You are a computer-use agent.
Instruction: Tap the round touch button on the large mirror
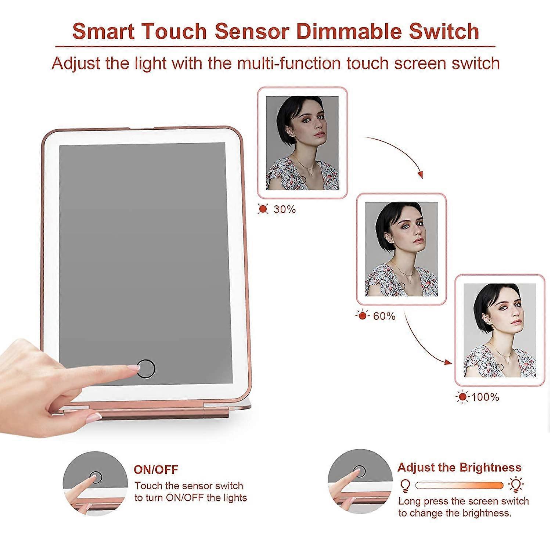coord(146,368)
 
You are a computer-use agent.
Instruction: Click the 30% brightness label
coord(285,209)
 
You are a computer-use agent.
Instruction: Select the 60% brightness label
coord(384,316)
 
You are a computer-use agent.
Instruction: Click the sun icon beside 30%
coord(263,209)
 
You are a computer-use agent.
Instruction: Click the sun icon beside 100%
coord(462,397)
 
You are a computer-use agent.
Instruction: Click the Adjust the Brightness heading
coord(459,467)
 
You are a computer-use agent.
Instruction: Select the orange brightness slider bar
coord(459,485)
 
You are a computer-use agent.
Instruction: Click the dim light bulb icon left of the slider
coord(404,486)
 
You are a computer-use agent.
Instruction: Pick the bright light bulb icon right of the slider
coord(516,485)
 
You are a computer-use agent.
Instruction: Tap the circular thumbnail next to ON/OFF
coord(95,483)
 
